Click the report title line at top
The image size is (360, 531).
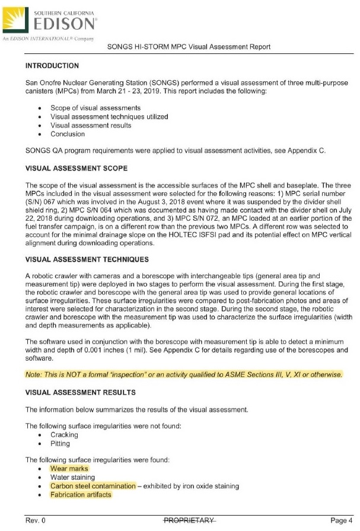(x=189, y=47)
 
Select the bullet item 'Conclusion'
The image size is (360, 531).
(x=68, y=135)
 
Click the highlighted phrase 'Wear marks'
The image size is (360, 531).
(x=69, y=469)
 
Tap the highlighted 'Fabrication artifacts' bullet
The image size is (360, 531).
(x=80, y=495)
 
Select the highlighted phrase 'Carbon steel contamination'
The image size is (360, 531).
(x=93, y=486)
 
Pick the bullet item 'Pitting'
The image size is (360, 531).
(x=60, y=443)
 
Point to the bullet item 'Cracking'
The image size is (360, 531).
(x=64, y=435)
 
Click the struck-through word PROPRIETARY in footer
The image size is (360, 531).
(x=189, y=521)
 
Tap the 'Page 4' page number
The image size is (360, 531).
(x=341, y=521)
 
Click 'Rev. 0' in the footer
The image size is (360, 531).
(x=35, y=521)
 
